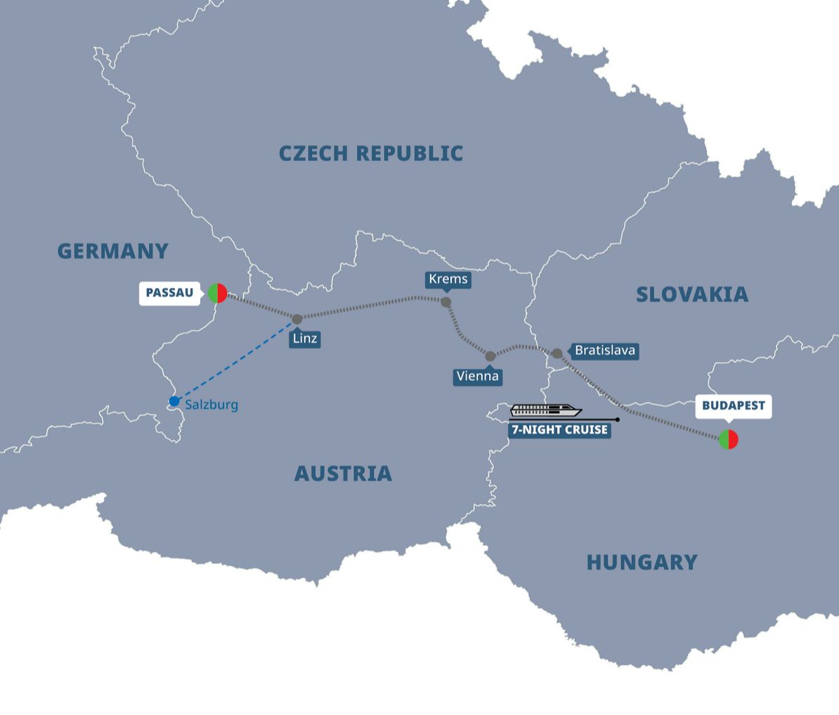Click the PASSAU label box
click(x=169, y=293)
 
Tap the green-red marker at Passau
click(x=217, y=293)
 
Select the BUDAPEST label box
click(x=733, y=406)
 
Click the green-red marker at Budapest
click(x=729, y=440)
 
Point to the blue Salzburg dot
click(x=174, y=401)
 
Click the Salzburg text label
click(x=212, y=405)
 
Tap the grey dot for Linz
click(x=297, y=319)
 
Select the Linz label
click(x=305, y=339)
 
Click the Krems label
click(x=448, y=279)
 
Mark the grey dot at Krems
click(x=445, y=302)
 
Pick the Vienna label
click(x=477, y=376)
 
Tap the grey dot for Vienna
click(x=490, y=356)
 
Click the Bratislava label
click(x=604, y=350)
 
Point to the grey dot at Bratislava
click(x=557, y=353)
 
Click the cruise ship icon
click(x=546, y=411)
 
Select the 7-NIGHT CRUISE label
click(x=559, y=430)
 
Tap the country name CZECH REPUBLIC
click(x=370, y=153)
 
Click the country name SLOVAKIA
click(x=691, y=294)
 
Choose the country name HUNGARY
click(x=642, y=562)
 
